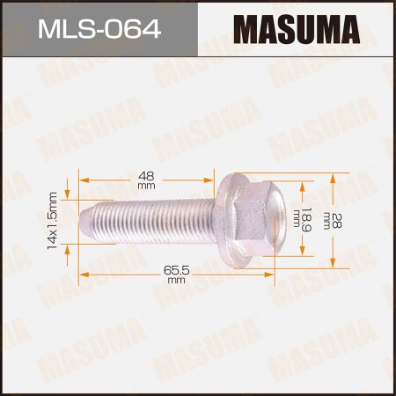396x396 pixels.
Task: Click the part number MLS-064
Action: pos(99,31)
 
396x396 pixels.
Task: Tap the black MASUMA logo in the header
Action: pos(296,31)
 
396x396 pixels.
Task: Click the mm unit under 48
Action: pos(146,187)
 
